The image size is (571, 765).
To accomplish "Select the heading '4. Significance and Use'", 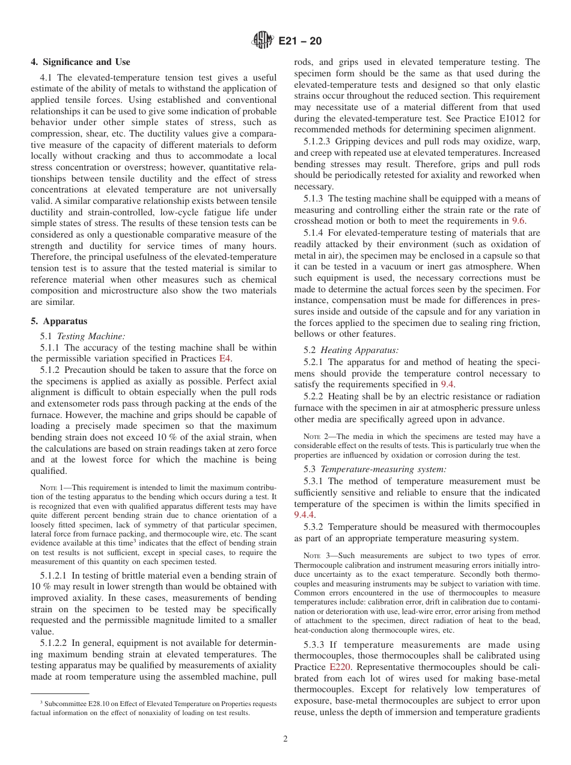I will click(x=81, y=62).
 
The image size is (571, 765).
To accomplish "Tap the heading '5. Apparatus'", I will click(x=58, y=321).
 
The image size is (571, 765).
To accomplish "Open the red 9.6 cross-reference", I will click(x=518, y=221).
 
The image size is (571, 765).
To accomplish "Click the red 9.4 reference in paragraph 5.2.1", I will click(x=447, y=384).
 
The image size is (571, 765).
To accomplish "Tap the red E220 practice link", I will click(x=340, y=667).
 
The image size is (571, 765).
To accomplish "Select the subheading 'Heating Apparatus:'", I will click(x=359, y=350).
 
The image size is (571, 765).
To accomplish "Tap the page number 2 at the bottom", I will click(x=285, y=739).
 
